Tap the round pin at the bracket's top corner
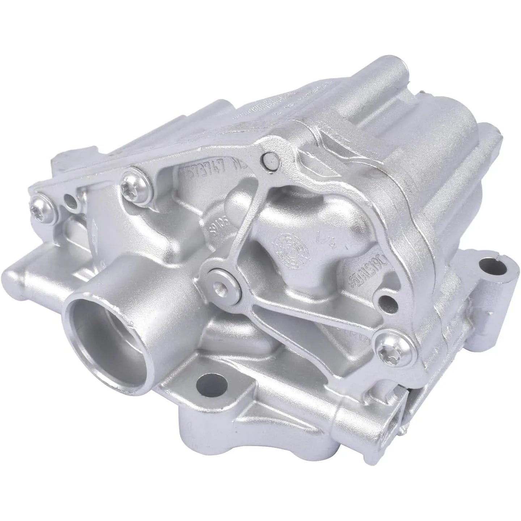tap(270, 158)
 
